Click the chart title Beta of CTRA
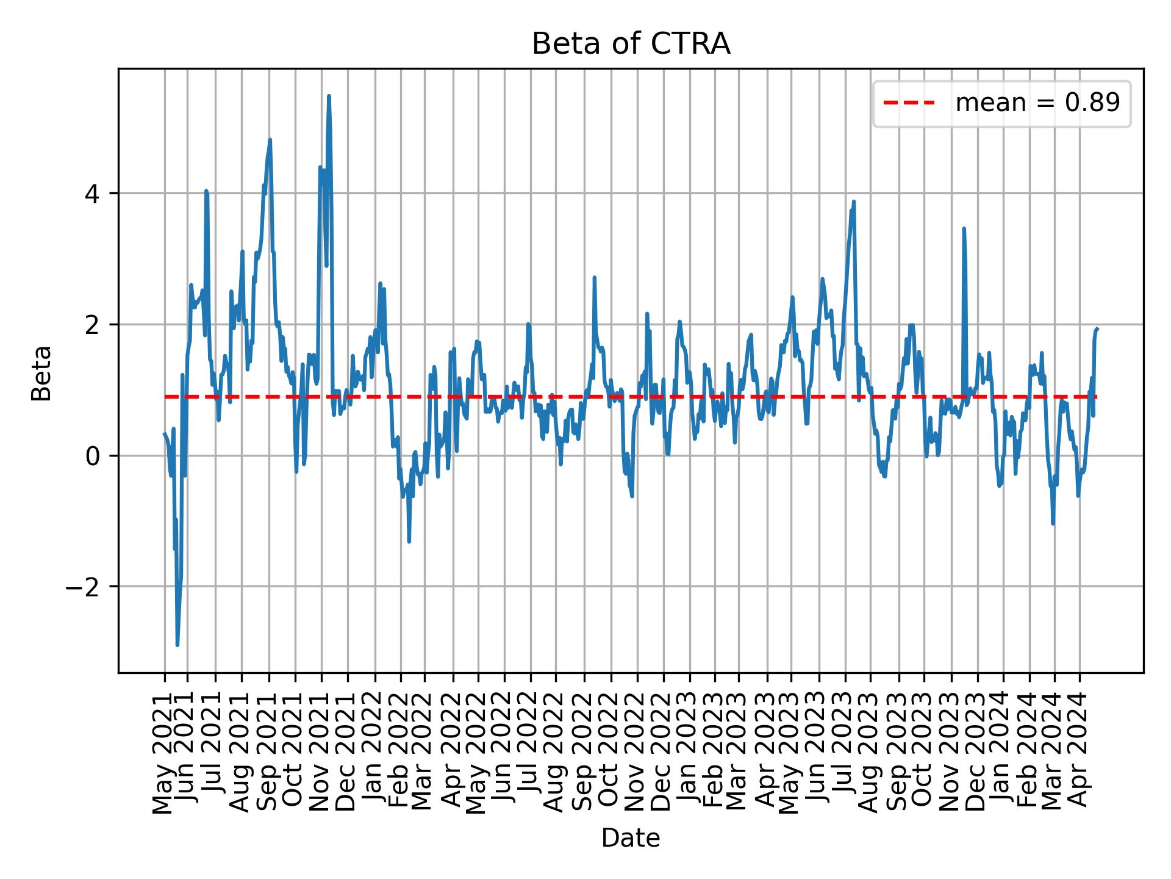point(631,44)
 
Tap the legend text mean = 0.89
point(1037,103)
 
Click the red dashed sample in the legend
point(909,103)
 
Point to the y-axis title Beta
point(41,373)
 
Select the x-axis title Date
point(631,838)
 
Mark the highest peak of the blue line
point(329,96)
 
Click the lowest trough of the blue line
point(177,645)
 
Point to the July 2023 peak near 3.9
point(854,201)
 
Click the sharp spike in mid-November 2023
point(964,228)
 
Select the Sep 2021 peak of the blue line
point(270,140)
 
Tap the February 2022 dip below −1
point(409,541)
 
